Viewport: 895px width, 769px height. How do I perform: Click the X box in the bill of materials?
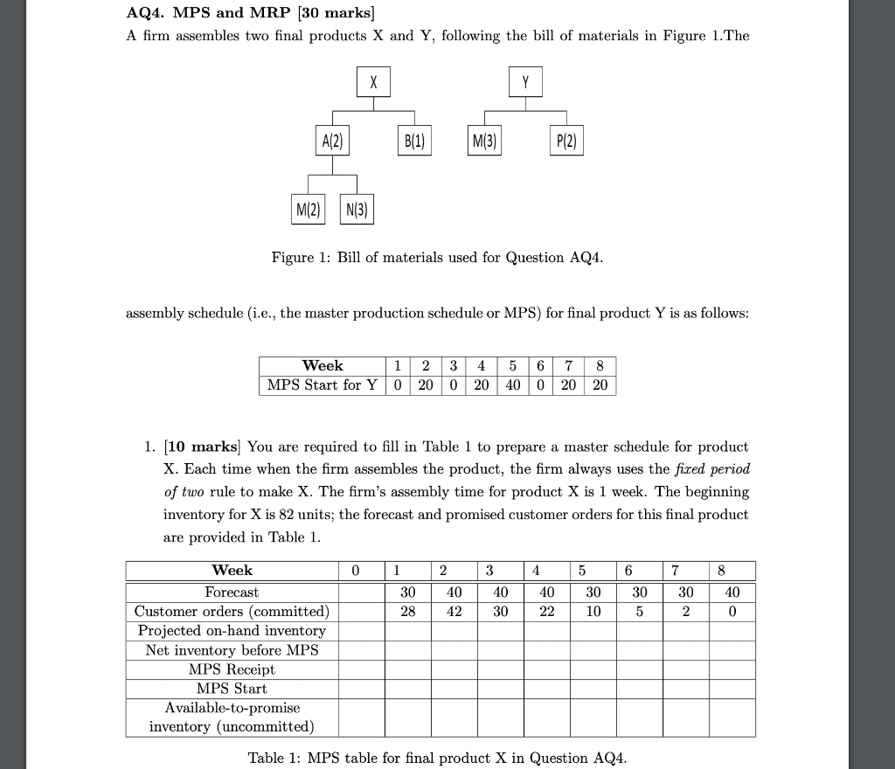click(x=373, y=83)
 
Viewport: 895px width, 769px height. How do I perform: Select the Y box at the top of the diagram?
click(x=525, y=83)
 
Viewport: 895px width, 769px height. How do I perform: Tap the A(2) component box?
click(x=332, y=142)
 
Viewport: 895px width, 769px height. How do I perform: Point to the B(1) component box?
click(x=413, y=142)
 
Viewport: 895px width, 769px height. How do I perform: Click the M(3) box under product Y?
click(x=485, y=142)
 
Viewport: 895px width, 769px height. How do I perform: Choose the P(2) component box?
click(x=565, y=142)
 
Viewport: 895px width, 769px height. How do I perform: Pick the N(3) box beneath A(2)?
click(x=357, y=209)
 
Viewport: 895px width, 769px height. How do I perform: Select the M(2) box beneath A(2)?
click(x=308, y=209)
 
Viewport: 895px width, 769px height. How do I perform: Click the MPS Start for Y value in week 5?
click(x=512, y=385)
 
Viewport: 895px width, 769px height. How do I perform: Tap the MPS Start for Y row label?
click(x=322, y=385)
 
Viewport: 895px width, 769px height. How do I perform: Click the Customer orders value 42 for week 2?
click(x=454, y=612)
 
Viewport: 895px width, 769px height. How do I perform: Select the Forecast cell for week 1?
click(x=407, y=592)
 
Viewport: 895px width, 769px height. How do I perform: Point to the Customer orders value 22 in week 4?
click(x=546, y=612)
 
